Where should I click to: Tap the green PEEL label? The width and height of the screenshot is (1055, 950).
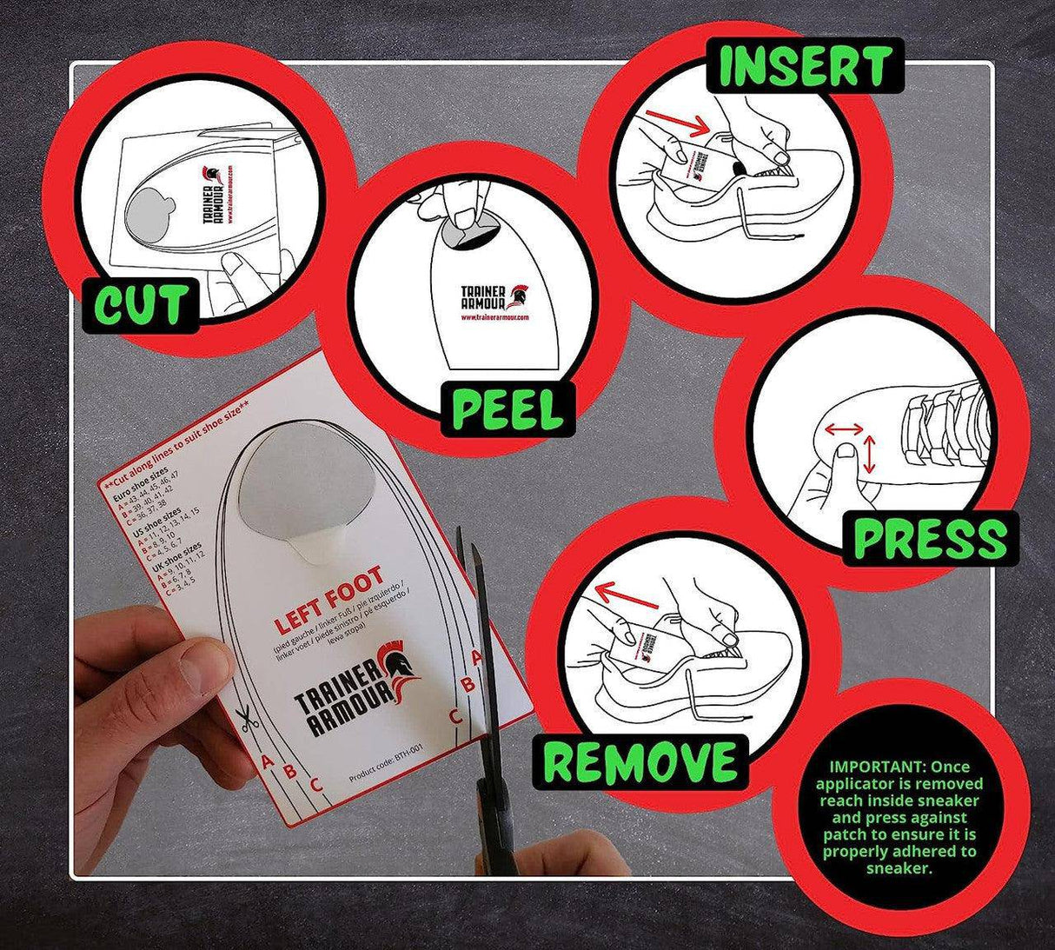pyautogui.click(x=508, y=408)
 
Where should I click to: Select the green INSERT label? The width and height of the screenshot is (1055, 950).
pyautogui.click(x=805, y=66)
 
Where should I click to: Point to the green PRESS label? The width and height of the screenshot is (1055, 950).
pyautogui.click(x=929, y=539)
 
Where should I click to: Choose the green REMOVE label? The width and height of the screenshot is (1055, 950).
pyautogui.click(x=640, y=763)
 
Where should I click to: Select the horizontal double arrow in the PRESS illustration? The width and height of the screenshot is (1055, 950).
pyautogui.click(x=844, y=428)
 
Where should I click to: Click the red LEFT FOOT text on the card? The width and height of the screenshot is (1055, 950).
pyautogui.click(x=328, y=600)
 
